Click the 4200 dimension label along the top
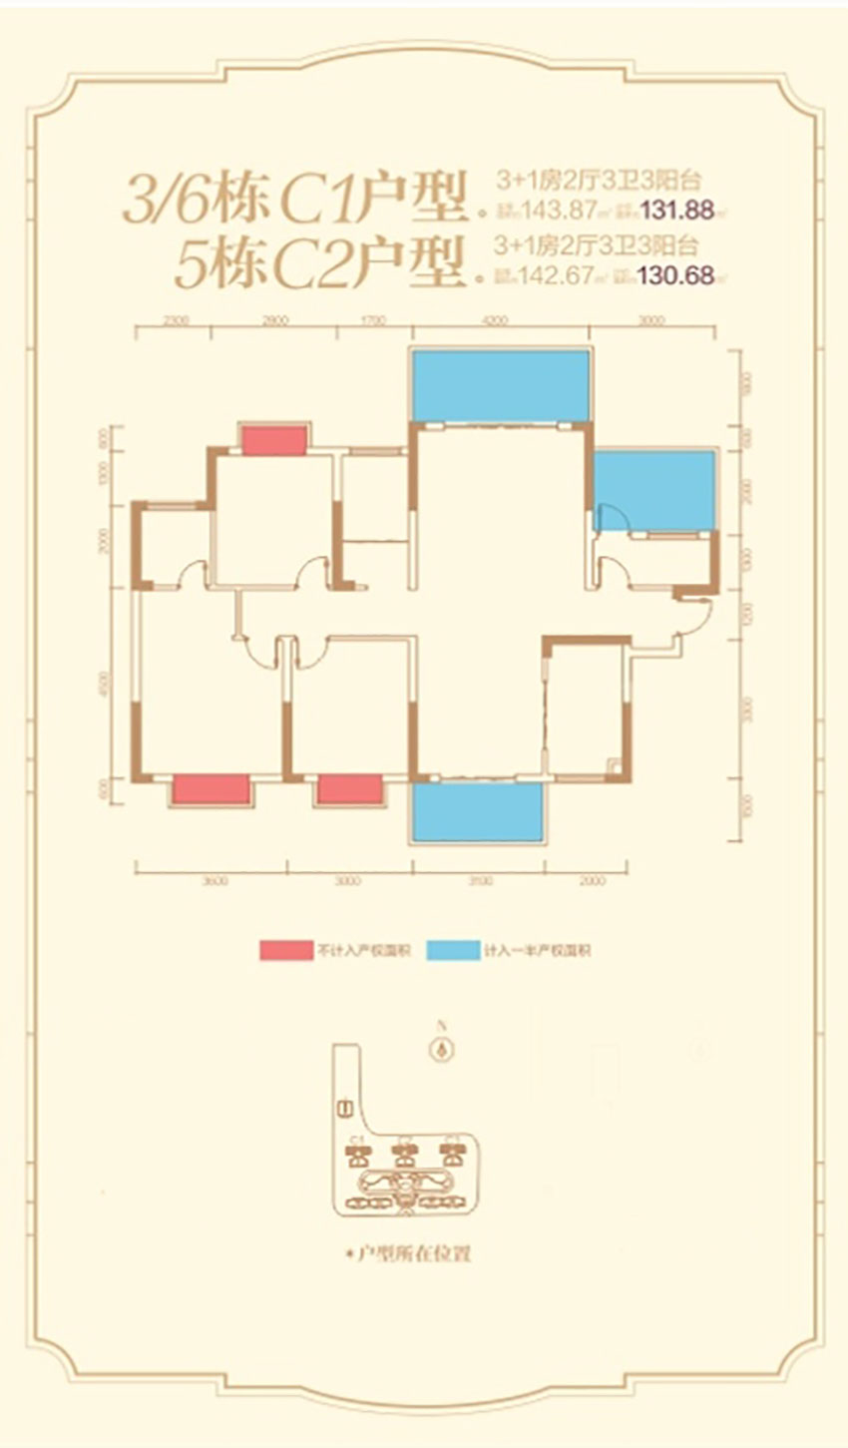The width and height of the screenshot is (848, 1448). [495, 320]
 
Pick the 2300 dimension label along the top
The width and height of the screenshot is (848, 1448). [175, 320]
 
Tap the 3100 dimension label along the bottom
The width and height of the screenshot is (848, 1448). [479, 881]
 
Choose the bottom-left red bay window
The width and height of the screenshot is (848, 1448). [211, 789]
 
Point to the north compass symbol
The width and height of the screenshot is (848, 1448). [439, 1048]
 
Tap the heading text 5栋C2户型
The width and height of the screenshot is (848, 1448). [319, 263]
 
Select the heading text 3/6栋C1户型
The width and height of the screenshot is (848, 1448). [293, 199]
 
